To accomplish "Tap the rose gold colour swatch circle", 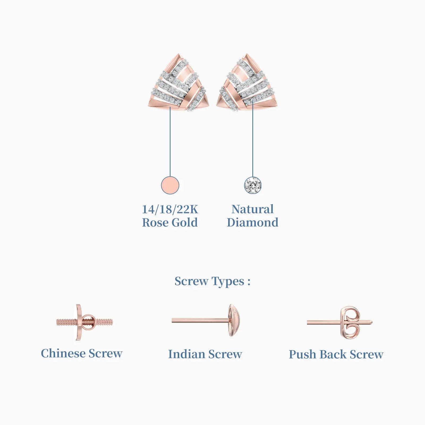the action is [170, 185].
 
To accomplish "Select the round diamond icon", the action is [253, 185].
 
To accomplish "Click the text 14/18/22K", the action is [170, 209].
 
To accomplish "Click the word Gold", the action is [185, 222].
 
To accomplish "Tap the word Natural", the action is [252, 209].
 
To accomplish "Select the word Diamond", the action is [253, 222].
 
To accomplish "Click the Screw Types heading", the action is [212, 281].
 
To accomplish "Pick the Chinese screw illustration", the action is [84, 322].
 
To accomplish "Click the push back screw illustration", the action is [339, 322].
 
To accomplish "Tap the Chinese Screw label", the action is [82, 353].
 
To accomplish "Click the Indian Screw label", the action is [205, 354].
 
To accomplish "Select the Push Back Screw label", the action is [336, 354].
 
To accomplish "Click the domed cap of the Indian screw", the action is [235, 320].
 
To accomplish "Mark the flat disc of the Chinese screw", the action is [79, 322].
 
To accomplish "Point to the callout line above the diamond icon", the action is [253, 139].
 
